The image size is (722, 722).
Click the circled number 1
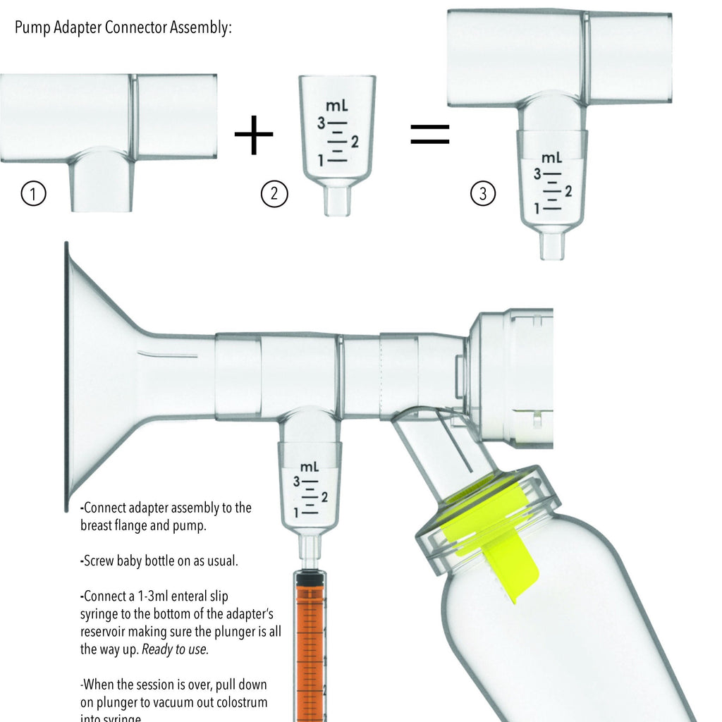click(x=34, y=193)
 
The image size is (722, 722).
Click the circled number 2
click(x=274, y=193)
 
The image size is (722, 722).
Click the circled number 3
click(x=482, y=193)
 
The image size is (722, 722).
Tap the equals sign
click(x=429, y=134)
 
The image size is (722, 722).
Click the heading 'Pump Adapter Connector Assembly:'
click(x=123, y=28)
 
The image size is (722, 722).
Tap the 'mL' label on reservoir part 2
click(x=336, y=106)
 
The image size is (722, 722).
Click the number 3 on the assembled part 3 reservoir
click(x=537, y=173)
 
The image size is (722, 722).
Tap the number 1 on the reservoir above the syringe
click(x=298, y=513)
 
